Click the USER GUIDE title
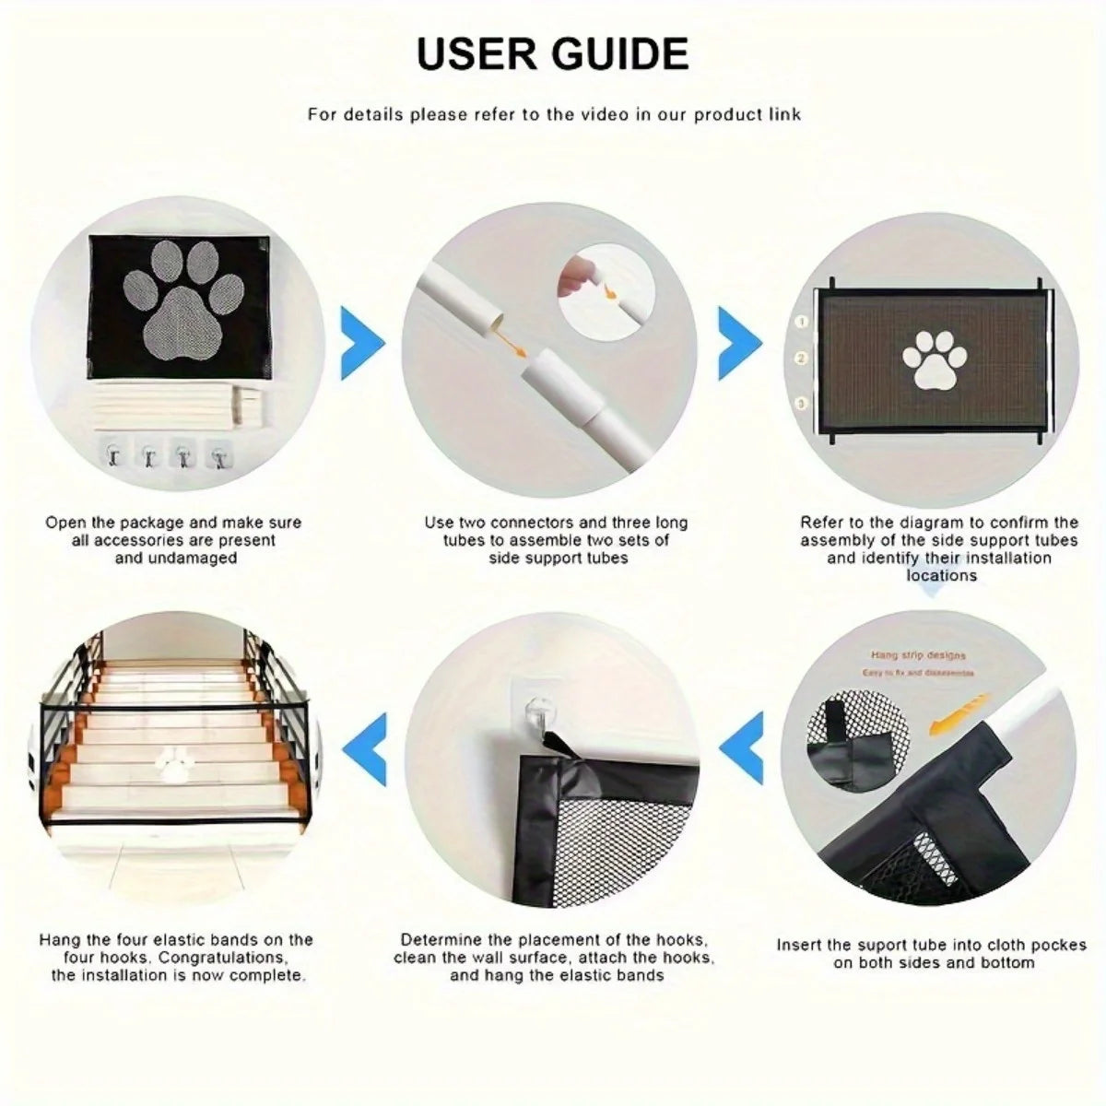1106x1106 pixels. [552, 53]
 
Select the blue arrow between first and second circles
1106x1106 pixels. [362, 344]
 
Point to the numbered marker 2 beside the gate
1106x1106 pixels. [802, 359]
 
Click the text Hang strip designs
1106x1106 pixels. [918, 655]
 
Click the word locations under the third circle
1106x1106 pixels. [940, 576]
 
